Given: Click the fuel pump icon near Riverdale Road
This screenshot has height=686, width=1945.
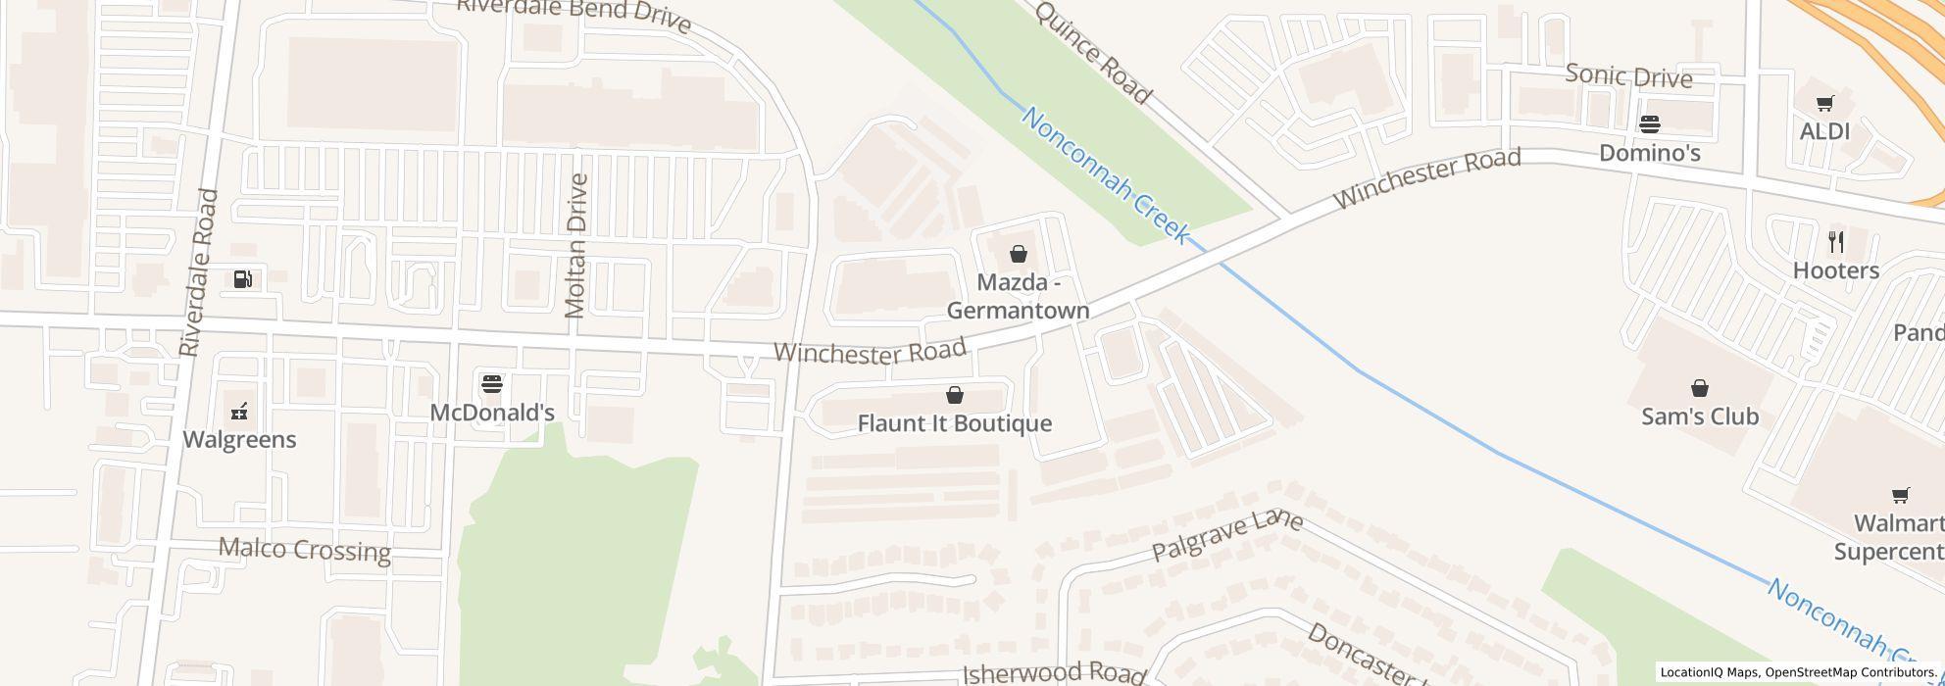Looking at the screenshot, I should click(242, 279).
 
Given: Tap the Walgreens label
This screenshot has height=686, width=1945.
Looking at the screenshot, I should click(239, 439).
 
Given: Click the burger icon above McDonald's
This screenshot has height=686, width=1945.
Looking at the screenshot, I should click(492, 383).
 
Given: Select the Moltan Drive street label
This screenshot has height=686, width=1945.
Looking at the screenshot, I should click(576, 246).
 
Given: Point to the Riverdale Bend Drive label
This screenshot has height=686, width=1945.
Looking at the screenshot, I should click(574, 15).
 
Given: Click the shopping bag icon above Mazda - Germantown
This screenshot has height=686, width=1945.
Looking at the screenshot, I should click(1019, 255).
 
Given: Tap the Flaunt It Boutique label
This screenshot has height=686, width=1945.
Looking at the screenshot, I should click(954, 423).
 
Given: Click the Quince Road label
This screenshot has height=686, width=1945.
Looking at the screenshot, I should click(1092, 52).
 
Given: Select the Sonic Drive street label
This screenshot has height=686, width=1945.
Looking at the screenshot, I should click(1628, 75).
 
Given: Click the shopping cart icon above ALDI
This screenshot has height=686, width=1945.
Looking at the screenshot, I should click(1824, 104).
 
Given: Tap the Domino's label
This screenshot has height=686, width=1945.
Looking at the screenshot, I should click(1649, 153).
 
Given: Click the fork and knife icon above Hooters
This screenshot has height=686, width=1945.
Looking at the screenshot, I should click(1836, 241).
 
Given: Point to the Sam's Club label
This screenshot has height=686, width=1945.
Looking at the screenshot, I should click(1699, 416).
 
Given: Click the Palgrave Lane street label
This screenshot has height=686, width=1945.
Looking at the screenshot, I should click(1226, 535).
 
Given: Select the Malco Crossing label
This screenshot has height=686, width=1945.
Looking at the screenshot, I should click(304, 550).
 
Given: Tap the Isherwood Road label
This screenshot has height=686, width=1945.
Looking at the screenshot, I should click(1053, 673).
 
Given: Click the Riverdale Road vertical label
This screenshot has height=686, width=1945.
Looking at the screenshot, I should click(198, 272).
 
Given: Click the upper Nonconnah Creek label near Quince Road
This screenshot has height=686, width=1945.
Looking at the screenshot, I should click(1105, 175).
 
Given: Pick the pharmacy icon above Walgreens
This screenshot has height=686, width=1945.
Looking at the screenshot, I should click(239, 412).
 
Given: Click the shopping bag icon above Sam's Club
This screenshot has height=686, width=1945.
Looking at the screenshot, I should click(1699, 389).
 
